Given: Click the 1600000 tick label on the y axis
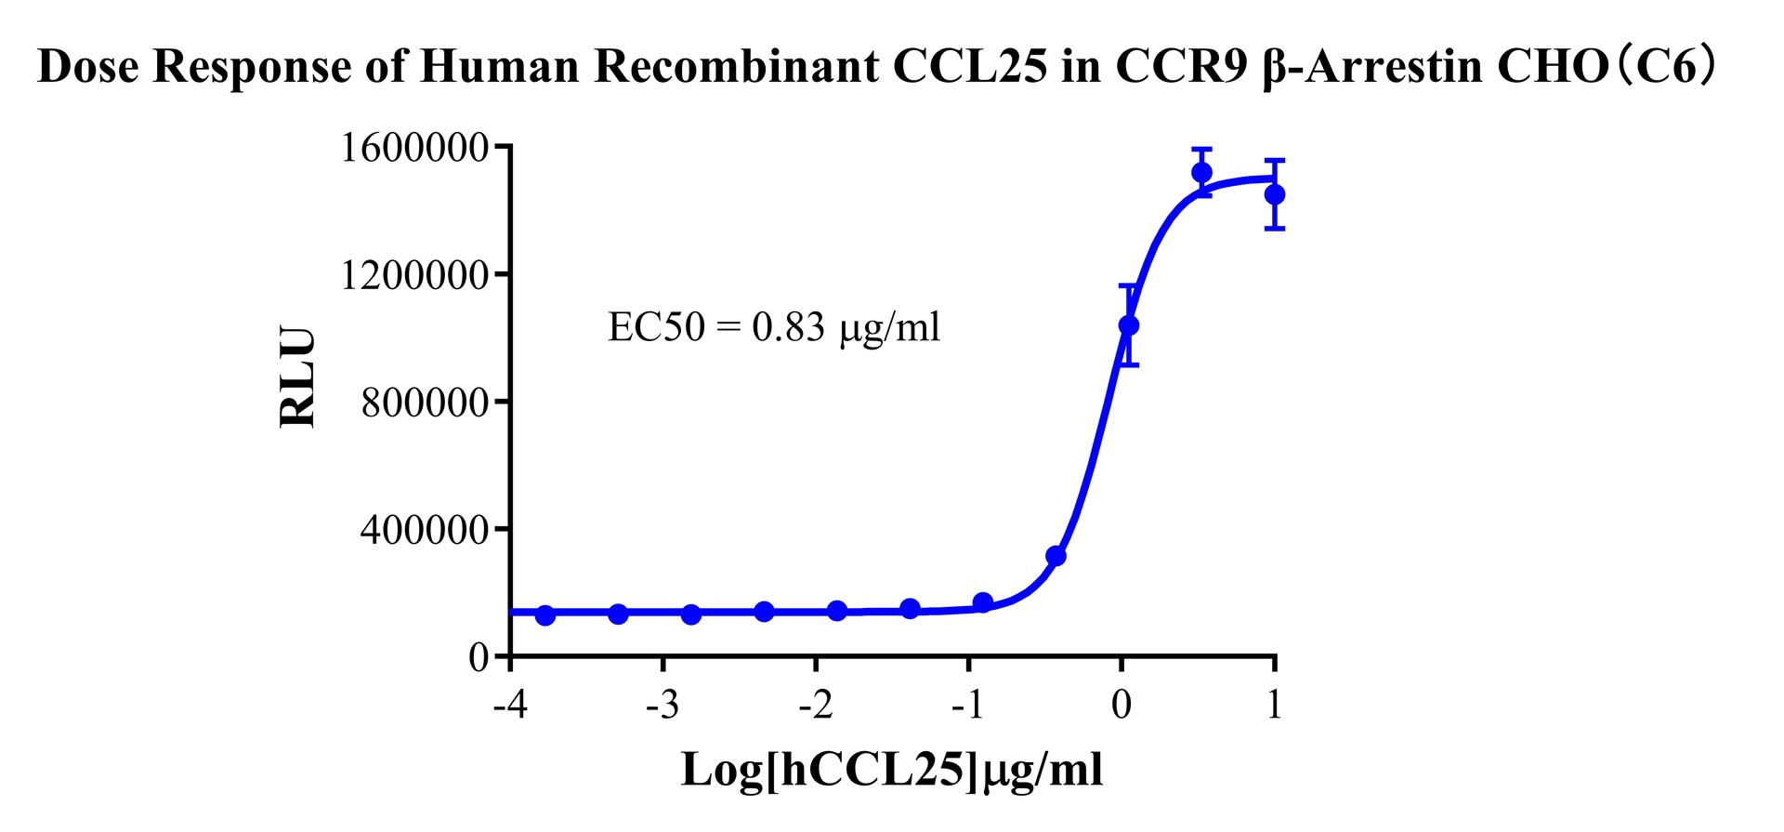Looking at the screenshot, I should (414, 149).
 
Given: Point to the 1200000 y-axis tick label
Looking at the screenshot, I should (414, 276).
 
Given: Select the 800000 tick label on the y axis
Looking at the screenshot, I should (425, 403).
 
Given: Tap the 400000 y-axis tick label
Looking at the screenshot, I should (425, 531).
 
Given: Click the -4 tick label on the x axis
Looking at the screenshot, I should (509, 707).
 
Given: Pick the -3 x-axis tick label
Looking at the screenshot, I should (662, 707).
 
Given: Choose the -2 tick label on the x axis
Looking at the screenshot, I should (815, 707).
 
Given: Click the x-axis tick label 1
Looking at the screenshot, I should (1274, 707).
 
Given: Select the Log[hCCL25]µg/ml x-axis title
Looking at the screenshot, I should (892, 770).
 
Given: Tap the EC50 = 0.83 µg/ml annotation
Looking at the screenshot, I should (774, 327).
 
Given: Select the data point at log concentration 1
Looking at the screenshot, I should (1275, 194).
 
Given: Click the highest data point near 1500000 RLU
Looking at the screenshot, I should (1201, 172).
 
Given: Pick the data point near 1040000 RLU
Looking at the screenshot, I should (1128, 325).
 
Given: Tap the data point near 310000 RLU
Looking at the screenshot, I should (1056, 556).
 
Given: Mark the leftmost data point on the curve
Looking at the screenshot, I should (545, 615).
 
